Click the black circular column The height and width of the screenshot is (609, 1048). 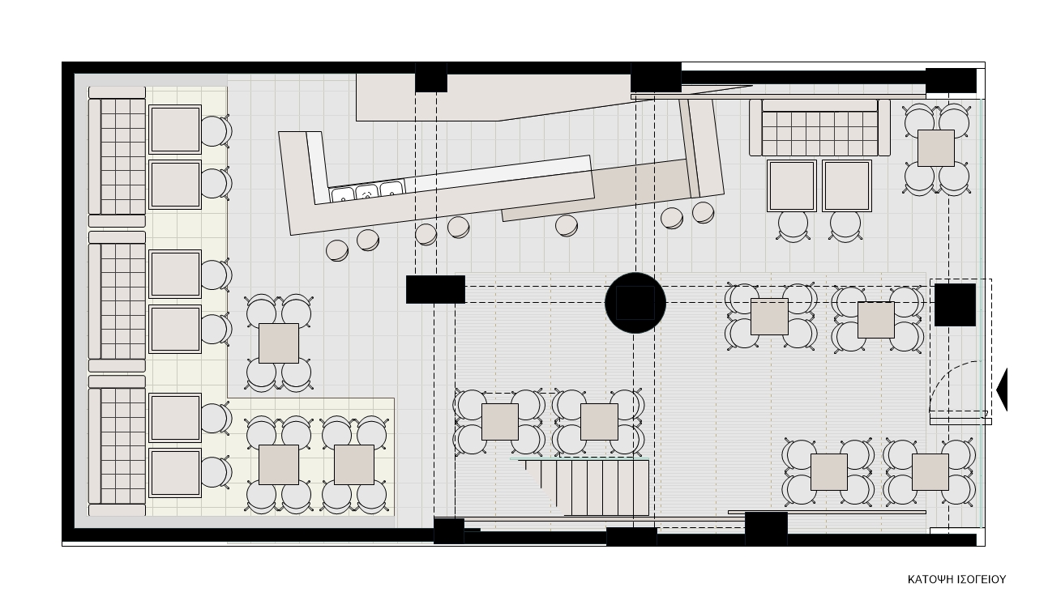pyautogui.click(x=635, y=303)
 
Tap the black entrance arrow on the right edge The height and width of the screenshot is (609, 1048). pyautogui.click(x=1002, y=390)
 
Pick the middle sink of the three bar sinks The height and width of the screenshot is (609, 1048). pyautogui.click(x=366, y=192)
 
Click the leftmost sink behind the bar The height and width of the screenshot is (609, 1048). pyautogui.click(x=343, y=194)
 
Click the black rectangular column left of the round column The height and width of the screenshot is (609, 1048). pyautogui.click(x=435, y=289)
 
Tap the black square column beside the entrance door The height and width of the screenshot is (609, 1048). pyautogui.click(x=955, y=304)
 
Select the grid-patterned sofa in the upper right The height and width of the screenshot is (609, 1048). pyautogui.click(x=819, y=128)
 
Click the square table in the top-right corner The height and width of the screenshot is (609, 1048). pyautogui.click(x=935, y=148)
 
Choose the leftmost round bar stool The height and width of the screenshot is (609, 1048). pyautogui.click(x=337, y=250)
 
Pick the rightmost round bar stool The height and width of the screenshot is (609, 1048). pyautogui.click(x=703, y=212)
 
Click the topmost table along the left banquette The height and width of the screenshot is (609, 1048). pyautogui.click(x=175, y=130)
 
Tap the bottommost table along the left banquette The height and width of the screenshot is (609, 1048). pyautogui.click(x=175, y=473)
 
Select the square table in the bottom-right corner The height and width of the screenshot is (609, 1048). pyautogui.click(x=930, y=472)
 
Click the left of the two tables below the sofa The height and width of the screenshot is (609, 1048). pyautogui.click(x=792, y=185)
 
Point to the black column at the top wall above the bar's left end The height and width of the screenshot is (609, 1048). pyautogui.click(x=431, y=77)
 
